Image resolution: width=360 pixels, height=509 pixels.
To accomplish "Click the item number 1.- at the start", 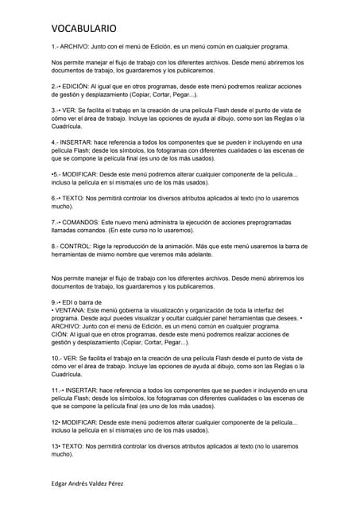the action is [x=56, y=48].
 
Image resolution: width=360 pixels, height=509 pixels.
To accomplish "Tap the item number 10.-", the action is [x=58, y=359].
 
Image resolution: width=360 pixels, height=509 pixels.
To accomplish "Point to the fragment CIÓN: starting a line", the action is [x=62, y=335].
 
